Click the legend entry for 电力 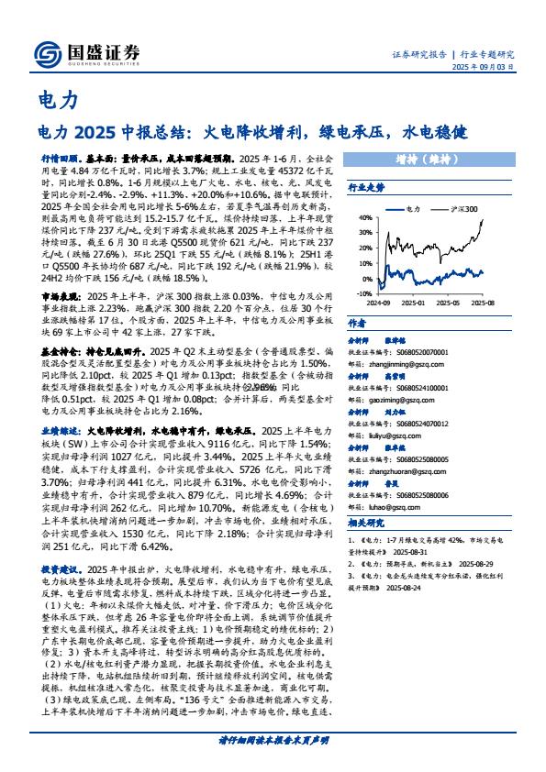coord(410,209)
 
